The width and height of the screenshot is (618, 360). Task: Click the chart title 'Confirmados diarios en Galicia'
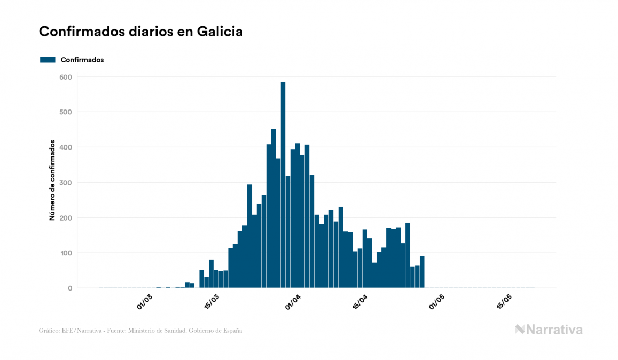tap(141, 32)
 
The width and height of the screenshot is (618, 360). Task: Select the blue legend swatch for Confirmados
tap(48, 60)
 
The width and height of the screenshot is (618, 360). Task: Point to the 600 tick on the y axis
tap(66, 77)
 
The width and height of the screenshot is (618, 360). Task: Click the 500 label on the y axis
tap(66, 112)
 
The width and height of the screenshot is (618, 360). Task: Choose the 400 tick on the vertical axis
tap(66, 147)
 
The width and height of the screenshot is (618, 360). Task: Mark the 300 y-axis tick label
tap(66, 183)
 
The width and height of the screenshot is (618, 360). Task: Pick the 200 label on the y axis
tap(66, 218)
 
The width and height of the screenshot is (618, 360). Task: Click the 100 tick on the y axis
tap(66, 253)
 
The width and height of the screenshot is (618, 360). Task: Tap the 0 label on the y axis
tap(69, 288)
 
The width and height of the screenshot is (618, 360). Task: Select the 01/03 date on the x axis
tap(144, 302)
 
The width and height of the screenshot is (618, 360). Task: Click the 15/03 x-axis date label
tap(212, 302)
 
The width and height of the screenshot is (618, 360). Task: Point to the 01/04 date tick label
tap(294, 302)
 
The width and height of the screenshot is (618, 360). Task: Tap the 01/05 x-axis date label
tap(437, 302)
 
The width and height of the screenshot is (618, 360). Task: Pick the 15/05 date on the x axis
tap(505, 302)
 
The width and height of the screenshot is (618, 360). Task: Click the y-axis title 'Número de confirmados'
tap(52, 181)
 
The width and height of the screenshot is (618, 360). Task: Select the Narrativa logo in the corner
tap(549, 330)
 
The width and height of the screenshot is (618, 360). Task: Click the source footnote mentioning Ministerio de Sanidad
tap(140, 331)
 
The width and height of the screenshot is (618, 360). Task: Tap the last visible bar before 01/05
tap(422, 272)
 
